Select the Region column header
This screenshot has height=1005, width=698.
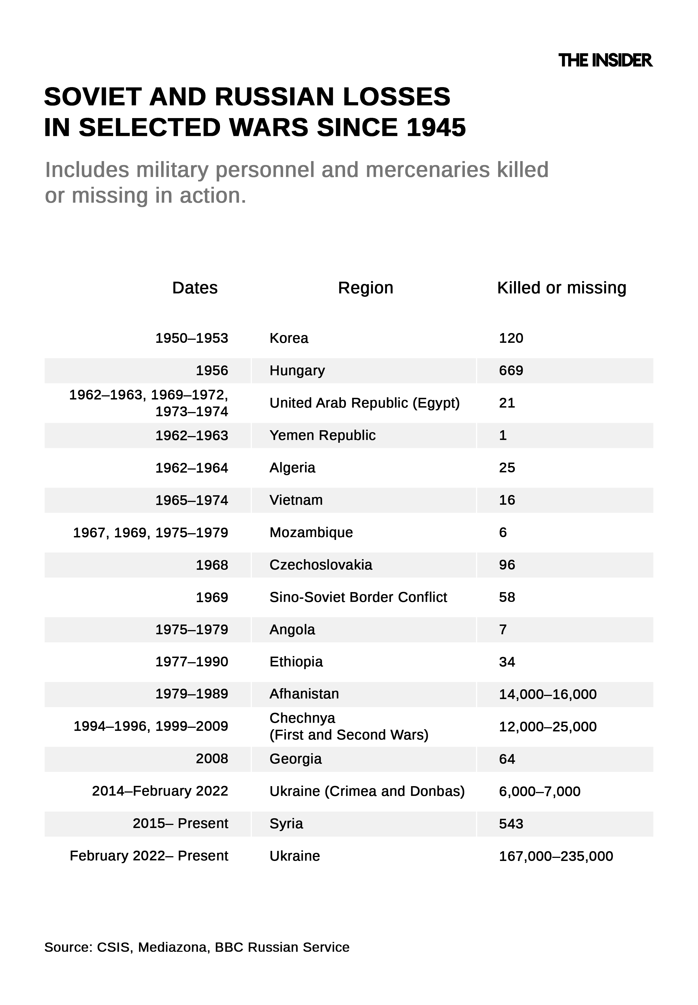click(x=366, y=288)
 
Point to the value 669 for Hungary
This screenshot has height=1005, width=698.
click(x=511, y=370)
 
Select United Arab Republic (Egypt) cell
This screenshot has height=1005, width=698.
click(x=364, y=403)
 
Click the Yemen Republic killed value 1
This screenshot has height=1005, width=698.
click(x=503, y=435)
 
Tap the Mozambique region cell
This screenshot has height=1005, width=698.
click(x=311, y=532)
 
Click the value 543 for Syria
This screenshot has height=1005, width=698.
click(x=511, y=824)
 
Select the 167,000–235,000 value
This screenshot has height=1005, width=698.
click(x=556, y=856)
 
